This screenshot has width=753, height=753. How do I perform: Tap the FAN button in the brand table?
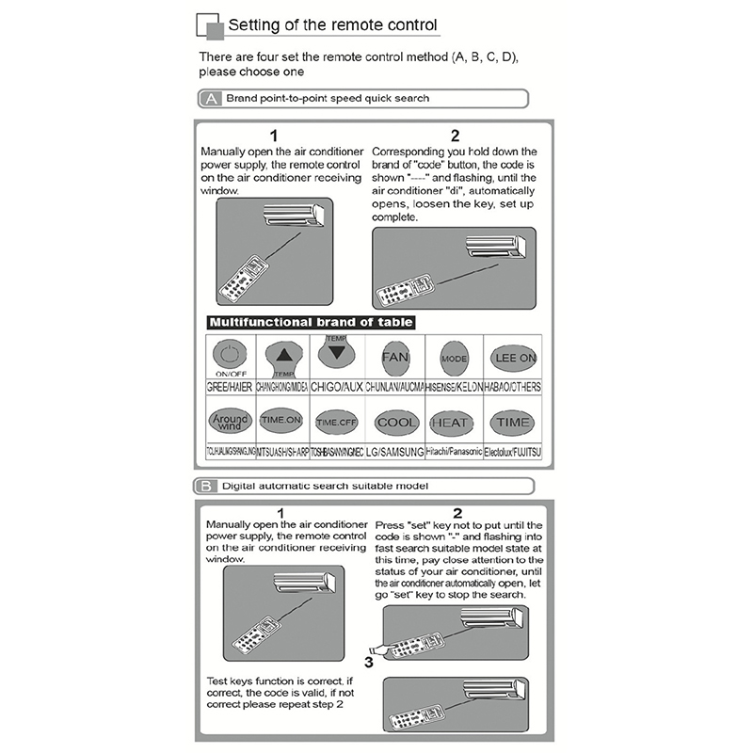pos(395,358)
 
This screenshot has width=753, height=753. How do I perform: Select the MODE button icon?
pos(454,359)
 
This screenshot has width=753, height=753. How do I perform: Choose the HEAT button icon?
pos(452,424)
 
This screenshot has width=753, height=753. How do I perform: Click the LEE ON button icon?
pos(515,358)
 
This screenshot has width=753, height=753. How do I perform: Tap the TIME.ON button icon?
pos(280,420)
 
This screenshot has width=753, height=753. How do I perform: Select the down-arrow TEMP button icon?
pos(337,352)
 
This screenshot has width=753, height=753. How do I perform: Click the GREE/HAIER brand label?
pos(228,387)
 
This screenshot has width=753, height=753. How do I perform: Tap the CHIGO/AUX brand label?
pos(336,387)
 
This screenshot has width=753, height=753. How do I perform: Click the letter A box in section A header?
pos(211,98)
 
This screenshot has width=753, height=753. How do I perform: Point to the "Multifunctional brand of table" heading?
pos(310,323)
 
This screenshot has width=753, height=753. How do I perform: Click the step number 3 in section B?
pos(369,661)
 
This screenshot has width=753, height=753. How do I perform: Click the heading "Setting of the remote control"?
pos(332,26)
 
